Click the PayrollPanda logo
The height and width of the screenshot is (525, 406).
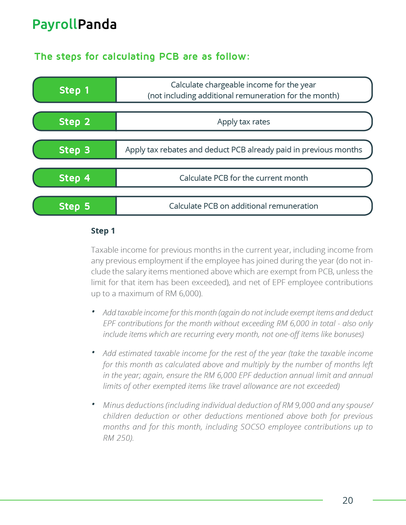[75, 24]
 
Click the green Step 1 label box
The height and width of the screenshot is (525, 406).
[75, 90]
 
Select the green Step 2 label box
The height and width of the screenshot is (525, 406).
[75, 122]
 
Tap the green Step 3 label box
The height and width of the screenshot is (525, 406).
[75, 150]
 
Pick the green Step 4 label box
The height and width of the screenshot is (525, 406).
[75, 178]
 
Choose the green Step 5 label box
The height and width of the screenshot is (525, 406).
[75, 206]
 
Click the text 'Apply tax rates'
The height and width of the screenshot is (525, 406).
[244, 122]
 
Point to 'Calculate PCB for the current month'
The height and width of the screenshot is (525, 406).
[244, 178]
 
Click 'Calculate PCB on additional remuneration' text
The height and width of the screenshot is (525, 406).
[244, 206]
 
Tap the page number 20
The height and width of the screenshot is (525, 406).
[347, 500]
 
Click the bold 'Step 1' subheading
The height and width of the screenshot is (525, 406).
[103, 231]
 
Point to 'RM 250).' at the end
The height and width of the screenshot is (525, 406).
[118, 438]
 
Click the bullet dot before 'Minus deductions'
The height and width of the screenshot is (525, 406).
[93, 404]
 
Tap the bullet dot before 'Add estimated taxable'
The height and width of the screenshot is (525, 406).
[93, 352]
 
